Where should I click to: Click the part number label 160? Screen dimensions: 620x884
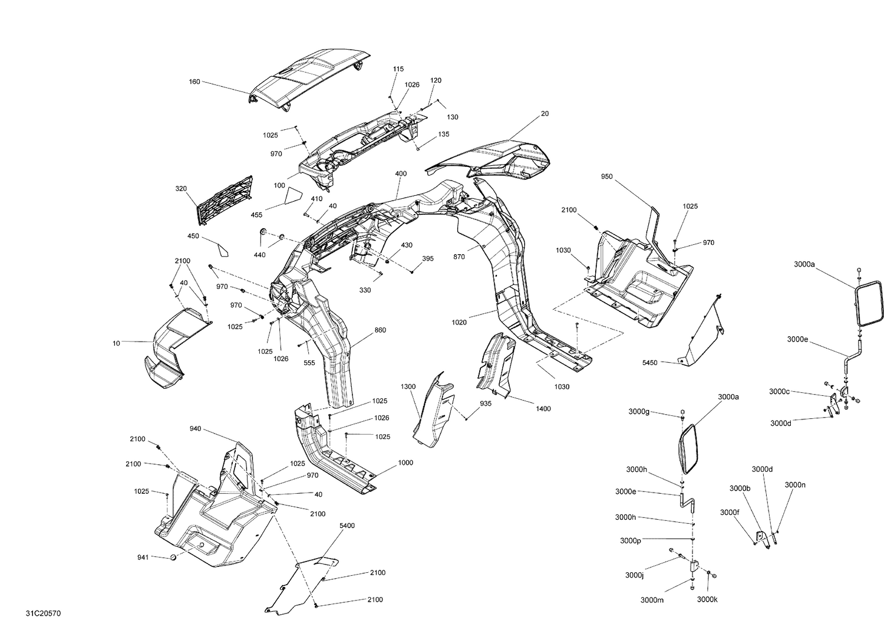pyautogui.click(x=194, y=81)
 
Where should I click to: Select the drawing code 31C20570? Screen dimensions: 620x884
pyautogui.click(x=43, y=614)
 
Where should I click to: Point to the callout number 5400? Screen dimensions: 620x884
pyautogui.click(x=347, y=525)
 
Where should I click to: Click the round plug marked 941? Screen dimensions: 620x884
pyautogui.click(x=174, y=557)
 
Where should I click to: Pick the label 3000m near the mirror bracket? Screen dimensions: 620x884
pyautogui.click(x=652, y=600)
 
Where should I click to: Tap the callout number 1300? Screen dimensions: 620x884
pyautogui.click(x=408, y=386)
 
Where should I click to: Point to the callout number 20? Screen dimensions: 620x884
pyautogui.click(x=545, y=113)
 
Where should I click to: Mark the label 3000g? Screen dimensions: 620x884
pyautogui.click(x=639, y=411)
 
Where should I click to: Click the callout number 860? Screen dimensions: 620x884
pyautogui.click(x=380, y=330)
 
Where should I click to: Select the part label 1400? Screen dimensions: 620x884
pyautogui.click(x=543, y=408)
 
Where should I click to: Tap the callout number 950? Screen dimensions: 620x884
pyautogui.click(x=607, y=176)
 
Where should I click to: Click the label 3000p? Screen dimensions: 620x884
pyautogui.click(x=631, y=540)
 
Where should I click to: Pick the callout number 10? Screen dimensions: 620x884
pyautogui.click(x=116, y=342)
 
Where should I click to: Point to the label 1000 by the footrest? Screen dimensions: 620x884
pyautogui.click(x=405, y=462)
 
